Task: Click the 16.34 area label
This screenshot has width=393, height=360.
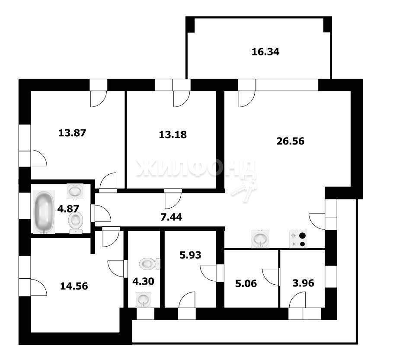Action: (x=265, y=52)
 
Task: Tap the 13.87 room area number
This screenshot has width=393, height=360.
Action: (x=72, y=133)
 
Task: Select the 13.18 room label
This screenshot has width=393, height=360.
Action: (x=173, y=135)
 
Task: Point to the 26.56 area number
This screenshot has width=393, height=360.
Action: (x=291, y=141)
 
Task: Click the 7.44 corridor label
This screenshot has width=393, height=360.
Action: (x=172, y=217)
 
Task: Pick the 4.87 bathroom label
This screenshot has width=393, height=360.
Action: (x=68, y=209)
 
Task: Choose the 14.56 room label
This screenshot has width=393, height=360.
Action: (x=74, y=286)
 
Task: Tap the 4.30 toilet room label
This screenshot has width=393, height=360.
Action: (x=143, y=282)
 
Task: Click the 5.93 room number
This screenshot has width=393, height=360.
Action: (x=191, y=255)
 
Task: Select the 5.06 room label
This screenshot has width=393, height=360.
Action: (x=246, y=284)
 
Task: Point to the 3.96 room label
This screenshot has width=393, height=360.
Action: (x=303, y=283)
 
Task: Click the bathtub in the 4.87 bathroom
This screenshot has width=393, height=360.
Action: (x=44, y=212)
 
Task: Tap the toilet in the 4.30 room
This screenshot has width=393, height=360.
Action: (x=150, y=264)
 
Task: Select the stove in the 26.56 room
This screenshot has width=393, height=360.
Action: (x=298, y=239)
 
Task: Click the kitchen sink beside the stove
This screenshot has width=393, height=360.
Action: (x=261, y=239)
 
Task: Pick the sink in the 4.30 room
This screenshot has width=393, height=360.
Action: (x=143, y=299)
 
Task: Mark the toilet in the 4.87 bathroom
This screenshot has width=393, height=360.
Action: (x=76, y=222)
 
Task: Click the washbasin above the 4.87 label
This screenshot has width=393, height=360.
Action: (x=75, y=191)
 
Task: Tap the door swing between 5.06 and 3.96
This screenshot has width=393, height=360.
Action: (x=271, y=277)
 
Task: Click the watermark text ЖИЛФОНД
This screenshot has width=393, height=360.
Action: (x=196, y=168)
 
